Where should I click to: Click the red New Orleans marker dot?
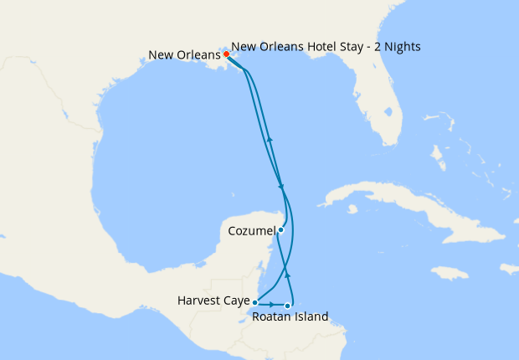(x=226, y=54)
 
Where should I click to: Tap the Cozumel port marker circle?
(x=281, y=229)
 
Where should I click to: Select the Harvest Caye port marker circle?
(x=254, y=302)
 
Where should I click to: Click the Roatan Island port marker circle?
(x=288, y=306)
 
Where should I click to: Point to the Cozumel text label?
(x=250, y=229)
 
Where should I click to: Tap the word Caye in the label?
(x=235, y=300)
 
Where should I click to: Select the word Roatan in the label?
(x=272, y=317)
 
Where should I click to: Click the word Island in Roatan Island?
(x=311, y=317)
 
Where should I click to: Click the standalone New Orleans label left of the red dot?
(x=184, y=55)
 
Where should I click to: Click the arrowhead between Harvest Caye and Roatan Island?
(x=273, y=303)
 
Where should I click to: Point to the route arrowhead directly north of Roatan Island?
(x=289, y=274)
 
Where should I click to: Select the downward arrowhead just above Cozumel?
(x=281, y=186)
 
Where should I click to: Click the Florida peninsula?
(x=382, y=109)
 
